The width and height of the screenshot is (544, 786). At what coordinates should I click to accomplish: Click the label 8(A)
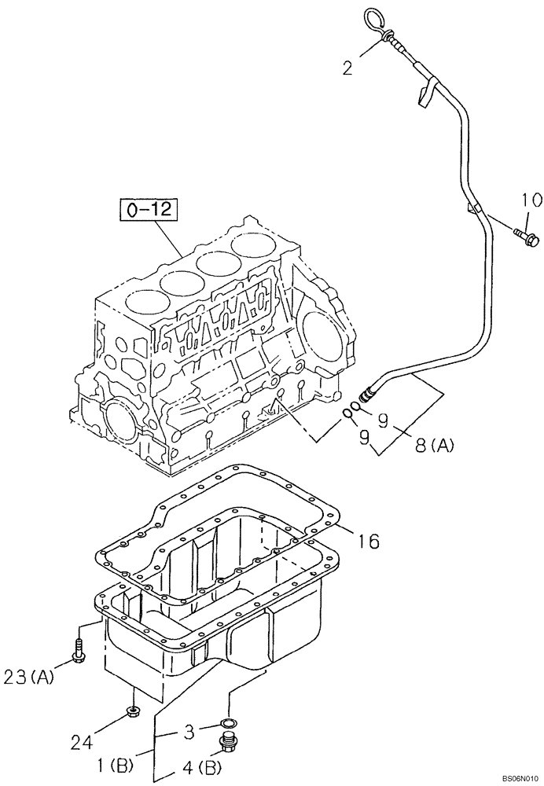coord(432,446)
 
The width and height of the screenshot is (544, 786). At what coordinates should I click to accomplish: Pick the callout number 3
coord(189,733)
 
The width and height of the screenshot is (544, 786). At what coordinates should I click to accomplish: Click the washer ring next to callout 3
coord(228,722)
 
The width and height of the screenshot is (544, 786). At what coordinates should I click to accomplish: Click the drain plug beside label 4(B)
coord(230,744)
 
